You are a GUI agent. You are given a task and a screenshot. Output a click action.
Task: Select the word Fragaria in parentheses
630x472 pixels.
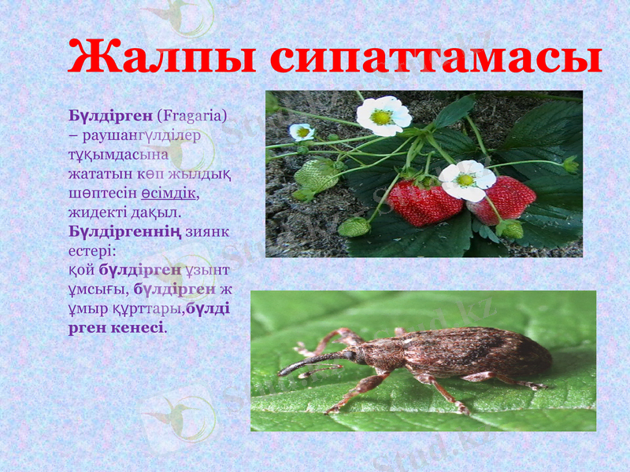pyautogui.click(x=192, y=116)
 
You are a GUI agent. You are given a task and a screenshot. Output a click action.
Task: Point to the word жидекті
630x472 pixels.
pyautogui.click(x=94, y=212)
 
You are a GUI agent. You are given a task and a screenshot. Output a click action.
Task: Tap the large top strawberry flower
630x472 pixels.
pyautogui.click(x=383, y=116)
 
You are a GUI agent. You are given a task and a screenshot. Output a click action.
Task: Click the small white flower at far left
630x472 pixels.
pyautogui.click(x=302, y=131)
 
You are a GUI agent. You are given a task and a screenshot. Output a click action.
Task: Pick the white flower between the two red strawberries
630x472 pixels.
pyautogui.click(x=466, y=179)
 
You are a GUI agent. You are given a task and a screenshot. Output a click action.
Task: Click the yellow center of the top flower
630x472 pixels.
pyautogui.click(x=381, y=117)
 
